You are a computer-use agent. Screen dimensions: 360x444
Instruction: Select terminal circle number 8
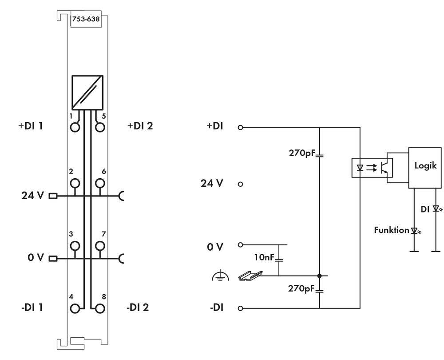(101, 308)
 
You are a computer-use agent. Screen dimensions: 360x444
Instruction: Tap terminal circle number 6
(101, 183)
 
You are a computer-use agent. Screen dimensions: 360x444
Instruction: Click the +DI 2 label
(140, 126)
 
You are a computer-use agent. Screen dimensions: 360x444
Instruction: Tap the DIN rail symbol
(247, 276)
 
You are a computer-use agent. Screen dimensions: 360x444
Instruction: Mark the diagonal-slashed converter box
(88, 92)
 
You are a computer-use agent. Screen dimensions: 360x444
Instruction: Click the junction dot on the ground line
(319, 276)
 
